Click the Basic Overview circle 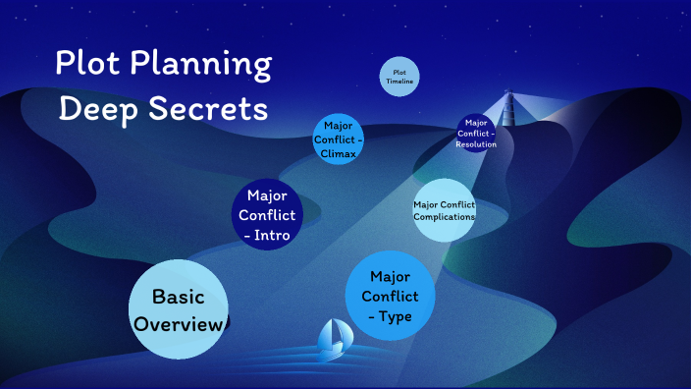click(x=179, y=308)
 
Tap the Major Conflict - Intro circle click(x=267, y=214)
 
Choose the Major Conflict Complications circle click(x=445, y=209)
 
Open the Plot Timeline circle click(x=399, y=78)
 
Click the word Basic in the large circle click(x=178, y=296)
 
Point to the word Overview click(x=179, y=323)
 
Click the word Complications click(x=445, y=216)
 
